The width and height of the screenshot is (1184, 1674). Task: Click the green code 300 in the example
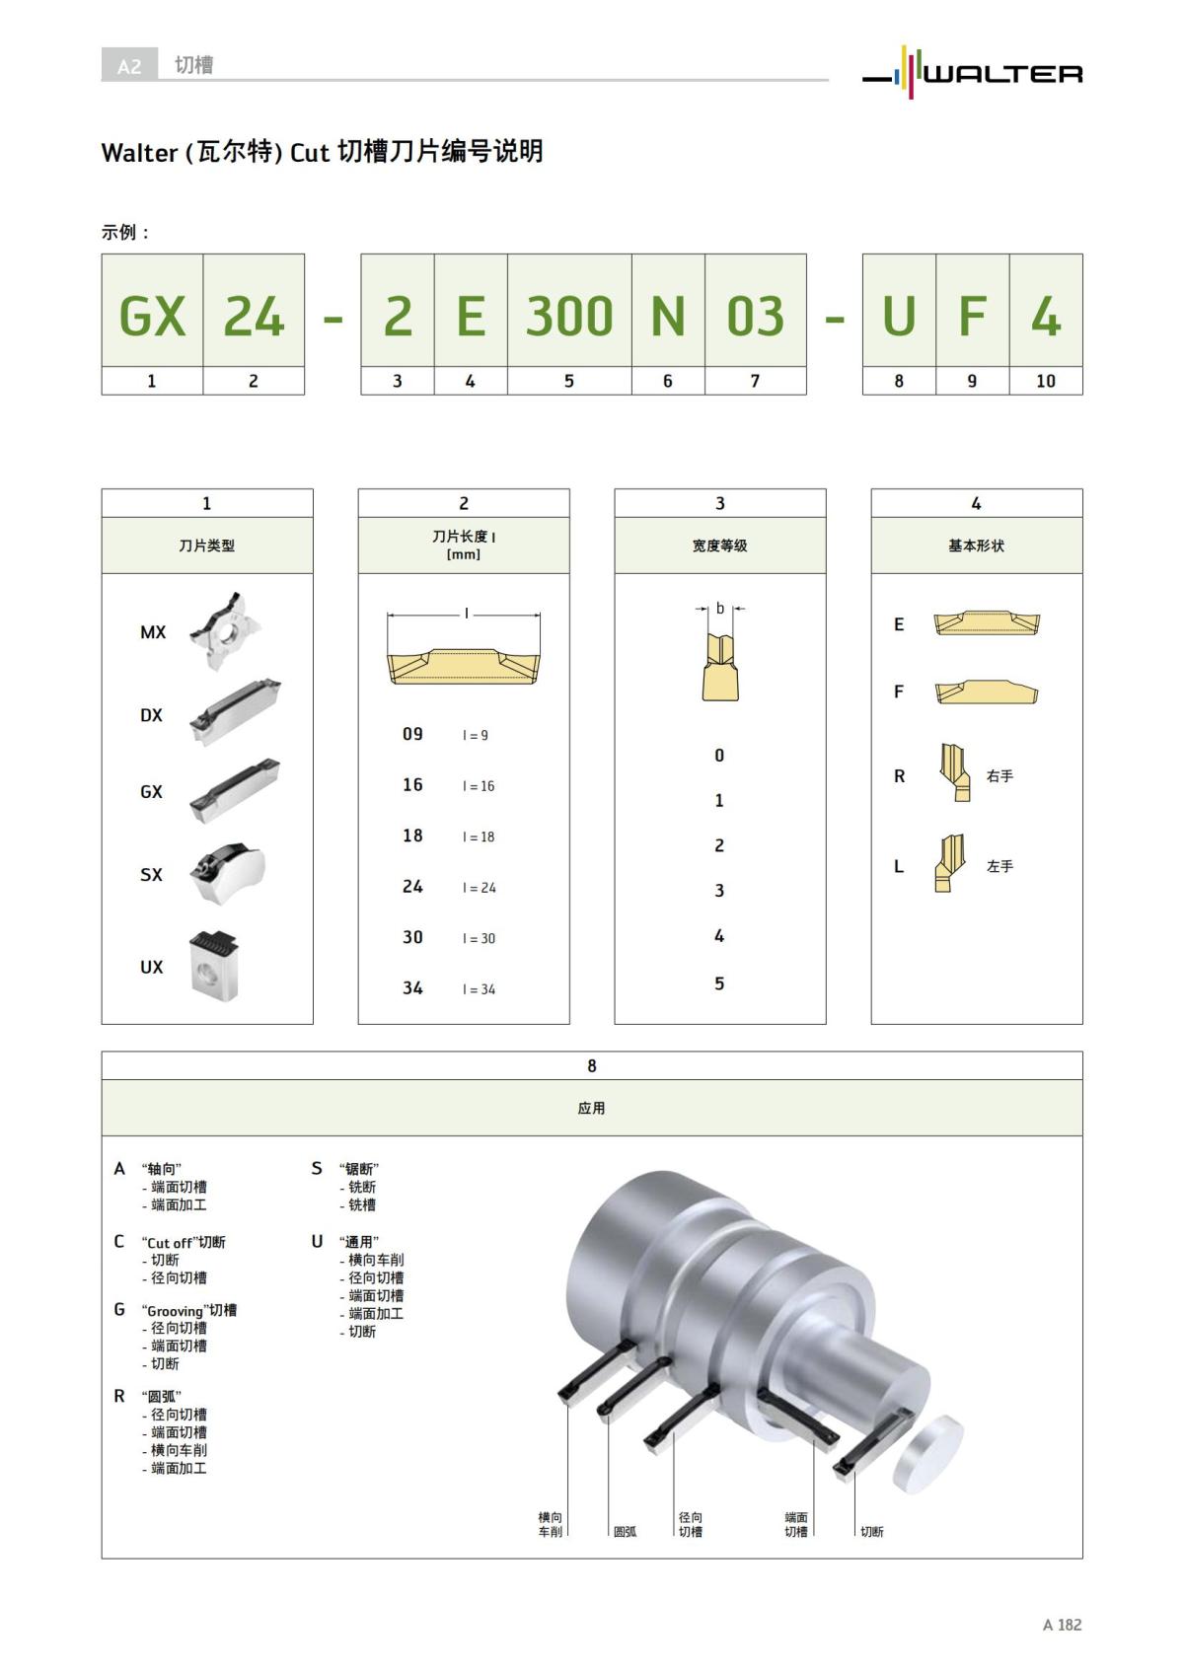[569, 317]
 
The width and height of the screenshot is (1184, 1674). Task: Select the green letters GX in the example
[152, 317]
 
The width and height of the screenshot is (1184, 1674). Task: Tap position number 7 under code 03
[755, 381]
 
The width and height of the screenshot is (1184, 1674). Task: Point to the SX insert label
[151, 875]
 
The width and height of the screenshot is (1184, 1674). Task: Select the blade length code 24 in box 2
[412, 887]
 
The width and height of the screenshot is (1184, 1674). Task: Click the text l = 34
[480, 989]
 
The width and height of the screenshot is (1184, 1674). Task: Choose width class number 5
[719, 983]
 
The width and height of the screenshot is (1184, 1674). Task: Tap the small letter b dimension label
[720, 609]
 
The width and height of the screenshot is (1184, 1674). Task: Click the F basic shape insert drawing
[987, 691]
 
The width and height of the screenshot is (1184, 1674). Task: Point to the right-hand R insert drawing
[955, 773]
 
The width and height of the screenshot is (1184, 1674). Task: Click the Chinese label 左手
[999, 866]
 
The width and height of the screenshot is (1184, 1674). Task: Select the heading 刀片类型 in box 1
[207, 546]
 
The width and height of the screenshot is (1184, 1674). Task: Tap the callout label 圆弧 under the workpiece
[625, 1532]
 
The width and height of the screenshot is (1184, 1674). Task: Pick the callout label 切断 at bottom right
[872, 1532]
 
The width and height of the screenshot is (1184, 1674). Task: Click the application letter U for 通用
[317, 1242]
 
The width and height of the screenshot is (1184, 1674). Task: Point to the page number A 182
[1062, 1625]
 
